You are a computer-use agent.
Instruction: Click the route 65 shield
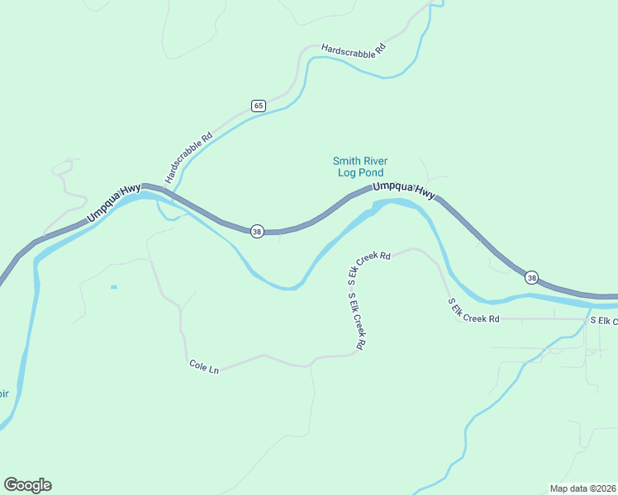coord(259,106)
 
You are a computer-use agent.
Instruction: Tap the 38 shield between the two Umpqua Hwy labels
coord(257,232)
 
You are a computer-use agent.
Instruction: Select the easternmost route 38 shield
coord(531,277)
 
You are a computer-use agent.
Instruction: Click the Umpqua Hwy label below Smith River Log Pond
coord(403,190)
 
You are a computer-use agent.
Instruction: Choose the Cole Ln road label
coord(204,366)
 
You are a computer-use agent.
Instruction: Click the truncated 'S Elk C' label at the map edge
coord(602,320)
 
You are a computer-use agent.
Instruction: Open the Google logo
coord(27,485)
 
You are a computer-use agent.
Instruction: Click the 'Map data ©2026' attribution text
coord(582,488)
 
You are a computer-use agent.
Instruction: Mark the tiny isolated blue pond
coord(113,287)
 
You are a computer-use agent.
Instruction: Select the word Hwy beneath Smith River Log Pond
coord(425,193)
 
